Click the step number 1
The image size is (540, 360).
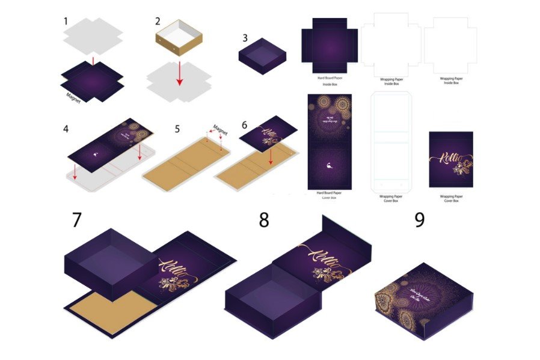[66, 22]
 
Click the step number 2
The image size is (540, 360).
[158, 21]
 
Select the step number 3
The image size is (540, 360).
[245, 37]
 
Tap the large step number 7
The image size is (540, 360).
[76, 219]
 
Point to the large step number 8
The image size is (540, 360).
[264, 220]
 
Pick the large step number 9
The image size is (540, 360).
[419, 219]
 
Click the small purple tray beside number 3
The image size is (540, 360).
[262, 55]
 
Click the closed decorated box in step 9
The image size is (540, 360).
[423, 301]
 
